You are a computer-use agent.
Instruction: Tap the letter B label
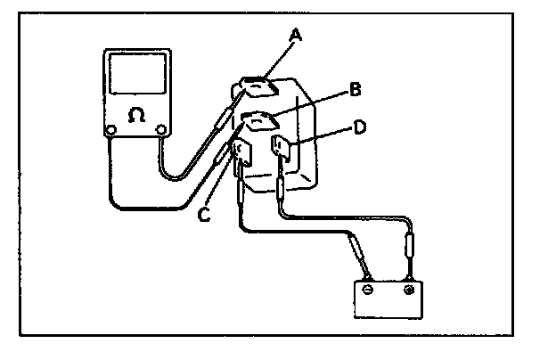(354, 89)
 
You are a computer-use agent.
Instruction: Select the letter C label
(204, 214)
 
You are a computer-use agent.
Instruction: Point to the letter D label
(359, 127)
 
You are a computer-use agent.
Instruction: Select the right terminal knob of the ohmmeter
(161, 132)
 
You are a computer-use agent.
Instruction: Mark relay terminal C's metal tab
(241, 154)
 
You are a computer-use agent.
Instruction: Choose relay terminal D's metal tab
(282, 147)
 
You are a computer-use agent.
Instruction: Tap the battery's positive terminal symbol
(408, 290)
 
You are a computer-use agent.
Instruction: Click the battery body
(388, 299)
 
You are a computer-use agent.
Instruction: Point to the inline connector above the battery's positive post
(410, 244)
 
